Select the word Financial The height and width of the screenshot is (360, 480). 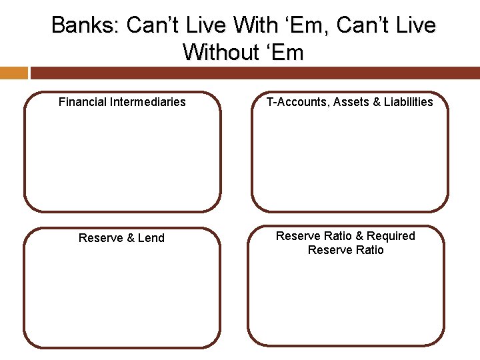pos(83,102)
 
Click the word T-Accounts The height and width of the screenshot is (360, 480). pos(297,102)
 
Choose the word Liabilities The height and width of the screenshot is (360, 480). pos(408,102)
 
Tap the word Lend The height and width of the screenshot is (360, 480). pos(151,238)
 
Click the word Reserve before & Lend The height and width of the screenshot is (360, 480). pos(101,238)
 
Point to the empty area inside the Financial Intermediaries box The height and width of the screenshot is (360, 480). pos(122,160)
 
